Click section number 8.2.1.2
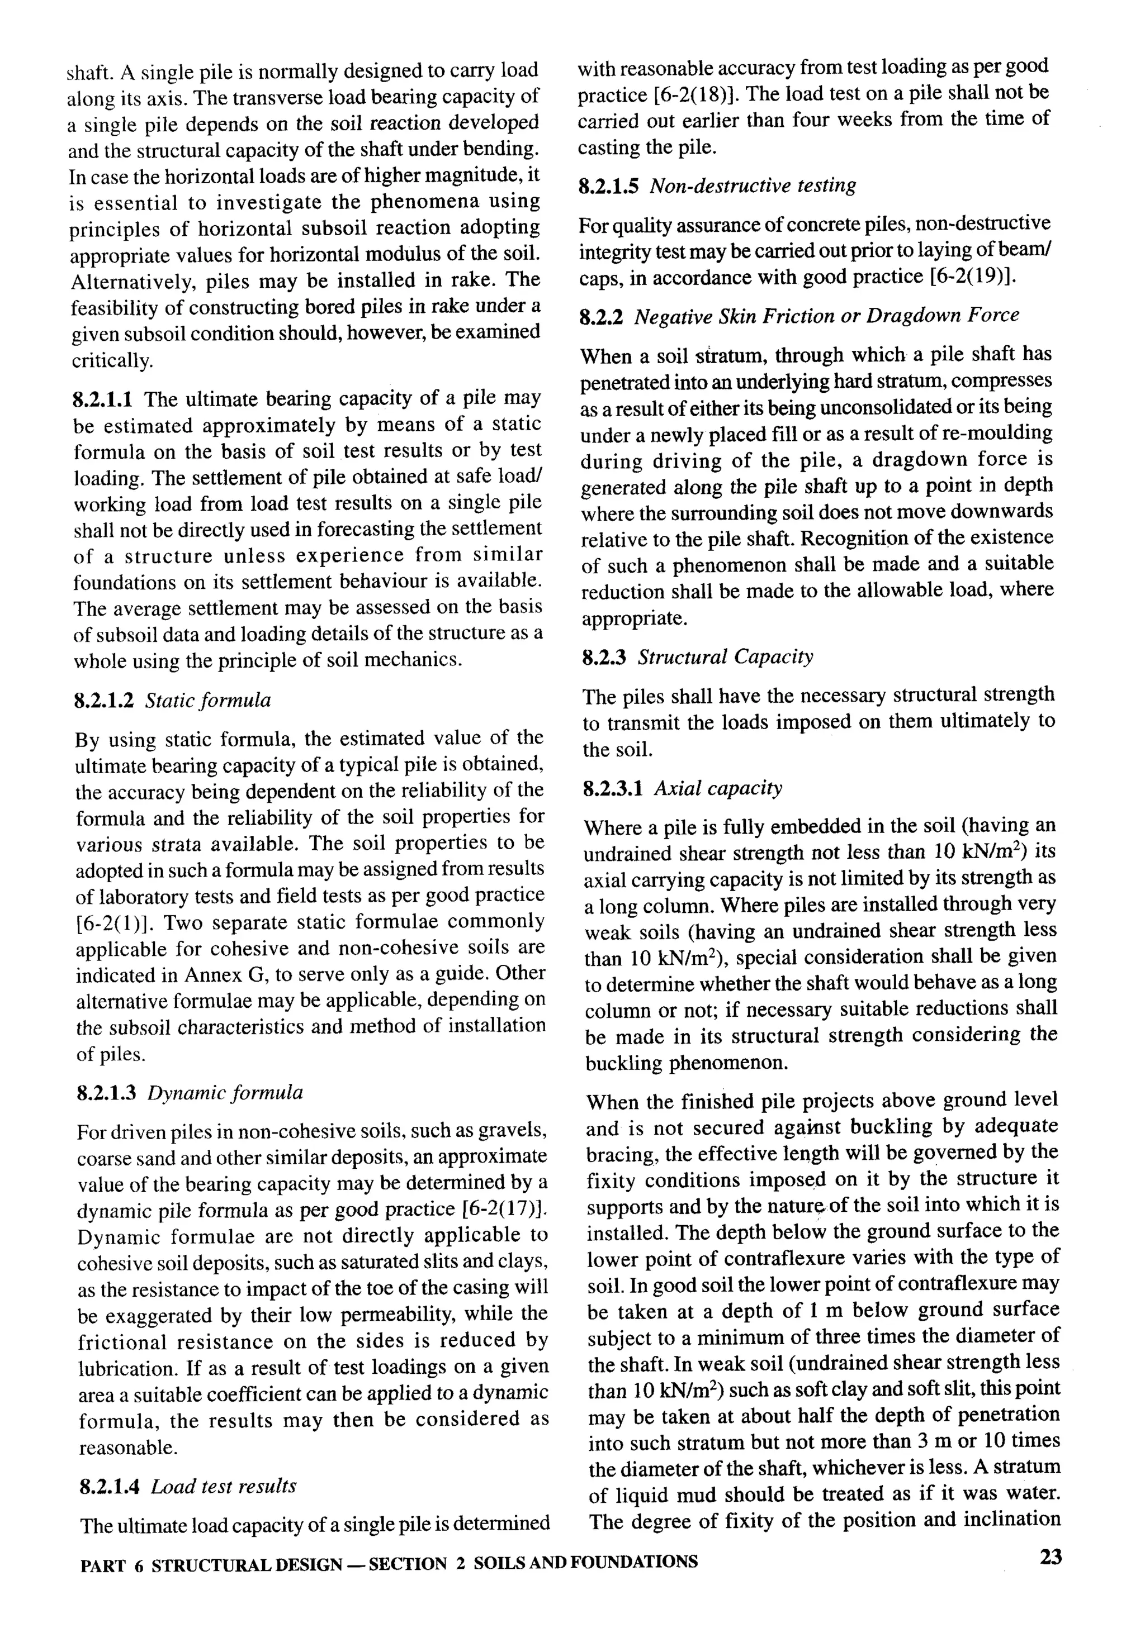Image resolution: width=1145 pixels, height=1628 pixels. tap(103, 701)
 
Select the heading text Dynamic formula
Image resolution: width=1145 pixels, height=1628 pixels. tap(225, 1093)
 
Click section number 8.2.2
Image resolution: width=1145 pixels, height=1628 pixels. tap(602, 316)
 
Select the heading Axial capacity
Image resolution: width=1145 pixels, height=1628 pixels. tap(718, 788)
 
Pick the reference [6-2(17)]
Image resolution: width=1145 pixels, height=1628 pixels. tap(504, 1209)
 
